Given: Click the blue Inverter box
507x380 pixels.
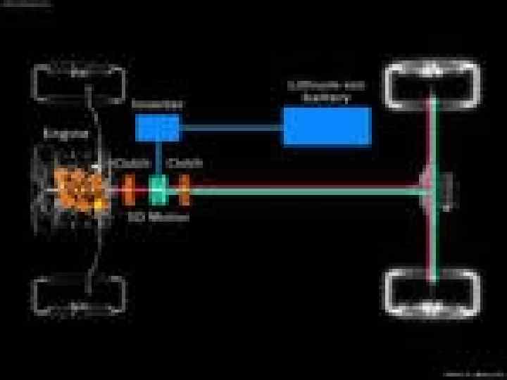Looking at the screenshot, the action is pos(157,128).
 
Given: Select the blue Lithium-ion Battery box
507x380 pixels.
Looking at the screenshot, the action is pos(327,126).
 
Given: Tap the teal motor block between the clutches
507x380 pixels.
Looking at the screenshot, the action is pos(158,189).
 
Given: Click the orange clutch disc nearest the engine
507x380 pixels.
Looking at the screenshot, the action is pos(129,189).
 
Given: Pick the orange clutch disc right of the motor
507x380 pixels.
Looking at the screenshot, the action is pos(184,189).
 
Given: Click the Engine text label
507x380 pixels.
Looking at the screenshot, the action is pos(66,134).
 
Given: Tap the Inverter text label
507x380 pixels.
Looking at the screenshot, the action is pos(157,104).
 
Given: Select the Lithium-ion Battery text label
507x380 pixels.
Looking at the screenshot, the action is pos(326,91).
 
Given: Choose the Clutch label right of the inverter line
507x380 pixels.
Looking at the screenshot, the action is pos(184,163).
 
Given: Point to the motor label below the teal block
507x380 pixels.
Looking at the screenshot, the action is pos(159,217).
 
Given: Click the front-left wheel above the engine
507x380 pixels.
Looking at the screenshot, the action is pos(80,83).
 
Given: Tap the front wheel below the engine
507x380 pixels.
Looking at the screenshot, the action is pos(80,295).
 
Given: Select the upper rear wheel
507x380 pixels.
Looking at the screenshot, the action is pos(432,84).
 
